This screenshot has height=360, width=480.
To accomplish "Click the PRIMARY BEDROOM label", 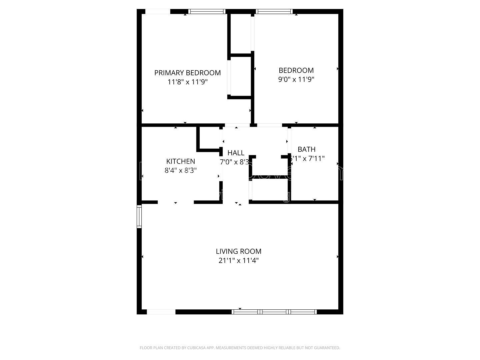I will point(187,73).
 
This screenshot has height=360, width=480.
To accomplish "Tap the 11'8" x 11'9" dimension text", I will point(187,82).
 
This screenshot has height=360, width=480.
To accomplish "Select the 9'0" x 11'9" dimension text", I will point(296,79).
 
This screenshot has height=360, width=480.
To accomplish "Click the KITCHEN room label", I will point(180,161).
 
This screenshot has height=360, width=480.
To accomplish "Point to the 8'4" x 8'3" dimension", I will point(180,170).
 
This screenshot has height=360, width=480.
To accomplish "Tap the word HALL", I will point(236,153).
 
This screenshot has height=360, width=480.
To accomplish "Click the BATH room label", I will point(306,149).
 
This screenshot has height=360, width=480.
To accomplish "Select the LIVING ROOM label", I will point(238,251).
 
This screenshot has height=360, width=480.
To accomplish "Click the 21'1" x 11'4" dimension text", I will point(238,260).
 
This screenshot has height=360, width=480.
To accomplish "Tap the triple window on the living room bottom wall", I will point(274,312).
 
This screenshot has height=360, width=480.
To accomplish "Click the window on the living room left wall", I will point(139,216).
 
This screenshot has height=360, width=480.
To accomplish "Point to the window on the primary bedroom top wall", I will point(207,12).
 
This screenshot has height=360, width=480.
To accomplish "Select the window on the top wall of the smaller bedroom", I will point(274,12).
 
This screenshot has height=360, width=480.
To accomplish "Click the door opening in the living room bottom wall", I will point(161,312).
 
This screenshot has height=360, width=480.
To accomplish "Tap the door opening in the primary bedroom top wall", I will point(158,12).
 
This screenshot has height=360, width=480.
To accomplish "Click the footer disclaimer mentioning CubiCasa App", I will point(240,348).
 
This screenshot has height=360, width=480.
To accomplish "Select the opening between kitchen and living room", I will point(176,202).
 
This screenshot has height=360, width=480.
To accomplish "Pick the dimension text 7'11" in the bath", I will point(316,158).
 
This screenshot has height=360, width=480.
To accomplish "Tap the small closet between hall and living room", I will point(270,190).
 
